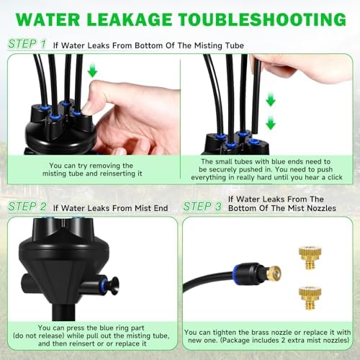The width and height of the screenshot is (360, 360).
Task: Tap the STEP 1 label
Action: click(27, 44)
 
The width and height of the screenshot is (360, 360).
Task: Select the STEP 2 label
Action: click(27, 207)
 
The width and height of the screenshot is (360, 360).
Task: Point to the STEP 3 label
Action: click(202, 207)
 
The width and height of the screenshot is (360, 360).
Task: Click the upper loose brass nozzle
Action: click(310, 258)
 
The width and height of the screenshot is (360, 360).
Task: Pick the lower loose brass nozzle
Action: click(310, 298)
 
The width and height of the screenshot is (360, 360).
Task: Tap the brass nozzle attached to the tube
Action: click(273, 273)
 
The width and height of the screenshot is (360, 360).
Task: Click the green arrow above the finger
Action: click(92, 71)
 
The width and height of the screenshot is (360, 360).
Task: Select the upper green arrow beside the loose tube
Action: click(271, 99)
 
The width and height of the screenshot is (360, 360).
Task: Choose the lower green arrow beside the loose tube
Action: click(271, 122)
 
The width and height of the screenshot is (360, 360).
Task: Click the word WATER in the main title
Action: click(48, 19)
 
